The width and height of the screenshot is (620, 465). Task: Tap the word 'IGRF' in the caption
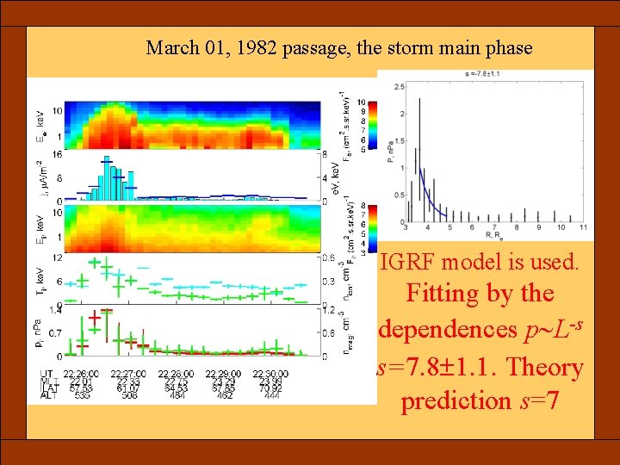(x=411, y=260)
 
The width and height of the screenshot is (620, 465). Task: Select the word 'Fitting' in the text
(x=445, y=294)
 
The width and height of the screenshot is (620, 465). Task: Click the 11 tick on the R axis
(x=583, y=226)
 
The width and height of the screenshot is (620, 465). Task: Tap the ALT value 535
(x=83, y=396)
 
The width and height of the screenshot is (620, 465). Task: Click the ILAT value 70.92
(x=271, y=388)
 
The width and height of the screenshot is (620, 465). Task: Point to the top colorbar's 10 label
(x=360, y=101)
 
